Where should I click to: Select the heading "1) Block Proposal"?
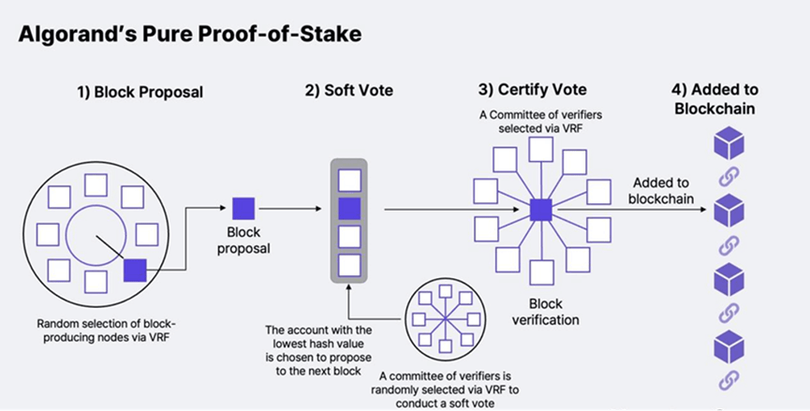point(140,92)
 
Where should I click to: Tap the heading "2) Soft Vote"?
point(348,92)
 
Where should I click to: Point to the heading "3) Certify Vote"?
point(532,91)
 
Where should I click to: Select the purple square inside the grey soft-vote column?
point(348,207)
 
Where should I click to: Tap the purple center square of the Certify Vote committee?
point(539,209)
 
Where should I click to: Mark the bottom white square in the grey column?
point(348,265)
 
